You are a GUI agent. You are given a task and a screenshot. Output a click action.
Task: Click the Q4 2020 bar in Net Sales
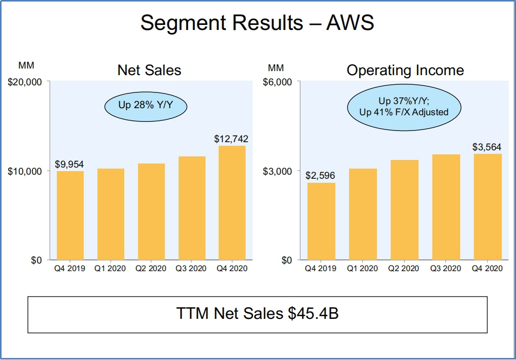(232, 203)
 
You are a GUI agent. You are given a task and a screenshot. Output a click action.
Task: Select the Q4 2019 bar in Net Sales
(70, 216)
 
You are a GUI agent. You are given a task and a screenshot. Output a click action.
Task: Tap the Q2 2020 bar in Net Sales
(151, 212)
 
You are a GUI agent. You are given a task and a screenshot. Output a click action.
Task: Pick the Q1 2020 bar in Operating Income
(363, 214)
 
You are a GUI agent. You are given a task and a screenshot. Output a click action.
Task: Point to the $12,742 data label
(231, 139)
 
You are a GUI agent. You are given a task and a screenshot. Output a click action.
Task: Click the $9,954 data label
(70, 165)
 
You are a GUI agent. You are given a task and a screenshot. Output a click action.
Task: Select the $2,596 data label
(320, 176)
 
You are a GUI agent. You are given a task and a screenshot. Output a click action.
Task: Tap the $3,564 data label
(487, 147)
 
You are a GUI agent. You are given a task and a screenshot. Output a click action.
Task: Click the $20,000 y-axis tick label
(24, 82)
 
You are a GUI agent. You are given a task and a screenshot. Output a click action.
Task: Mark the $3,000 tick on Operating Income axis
(278, 171)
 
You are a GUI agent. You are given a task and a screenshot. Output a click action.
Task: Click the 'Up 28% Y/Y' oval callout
(146, 106)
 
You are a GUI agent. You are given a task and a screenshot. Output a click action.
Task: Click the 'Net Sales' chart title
(149, 70)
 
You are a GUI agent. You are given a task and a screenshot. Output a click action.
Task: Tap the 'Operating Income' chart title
(405, 70)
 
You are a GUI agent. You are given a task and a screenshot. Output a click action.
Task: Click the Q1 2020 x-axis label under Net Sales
(111, 268)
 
